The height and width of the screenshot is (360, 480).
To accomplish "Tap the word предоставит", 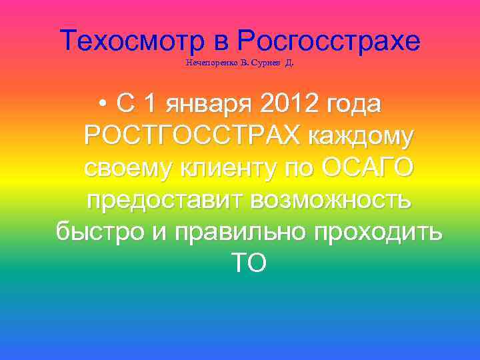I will tap(158, 200).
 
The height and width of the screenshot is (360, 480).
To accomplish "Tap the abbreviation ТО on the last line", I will tap(249, 263).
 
